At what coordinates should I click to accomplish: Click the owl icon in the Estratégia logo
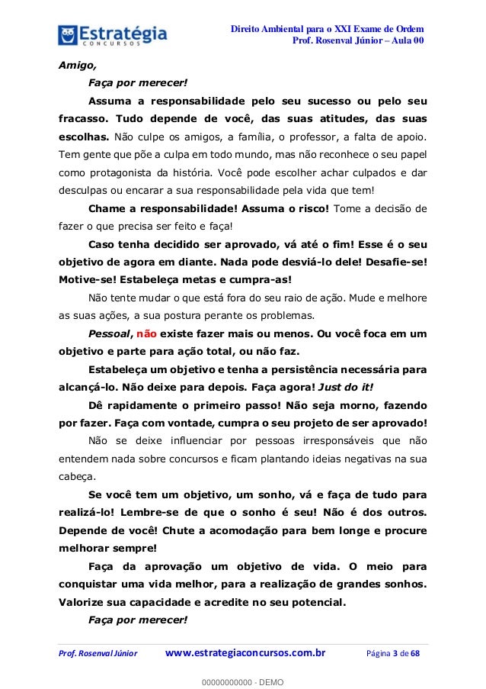click(x=70, y=34)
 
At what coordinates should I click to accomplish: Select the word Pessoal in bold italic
click(x=109, y=333)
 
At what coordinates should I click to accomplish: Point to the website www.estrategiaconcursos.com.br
click(x=245, y=653)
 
